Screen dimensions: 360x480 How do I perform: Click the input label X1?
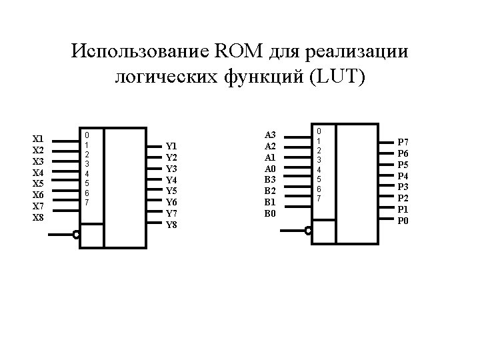pos(39,139)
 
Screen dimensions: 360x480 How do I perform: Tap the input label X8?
pos(39,218)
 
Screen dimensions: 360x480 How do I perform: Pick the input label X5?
pos(39,184)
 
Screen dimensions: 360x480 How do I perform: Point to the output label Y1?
pos(171,145)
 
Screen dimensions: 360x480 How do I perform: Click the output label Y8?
pos(171,225)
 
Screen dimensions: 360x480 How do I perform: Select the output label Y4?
pos(171,179)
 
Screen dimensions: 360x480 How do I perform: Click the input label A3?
pos(270,135)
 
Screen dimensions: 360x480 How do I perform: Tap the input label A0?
pos(270,169)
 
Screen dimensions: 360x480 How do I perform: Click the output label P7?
pos(403,142)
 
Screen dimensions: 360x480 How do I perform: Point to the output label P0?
pos(403,221)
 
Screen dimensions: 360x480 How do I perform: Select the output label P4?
pos(403,176)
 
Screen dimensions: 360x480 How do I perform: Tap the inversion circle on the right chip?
pos(308,231)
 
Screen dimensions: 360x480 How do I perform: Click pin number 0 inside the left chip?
pos(87,134)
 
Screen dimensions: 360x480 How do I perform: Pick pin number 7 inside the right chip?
pos(319,199)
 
